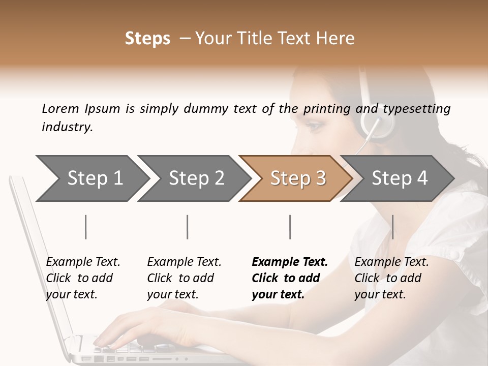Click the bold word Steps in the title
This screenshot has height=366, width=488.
pyautogui.click(x=147, y=39)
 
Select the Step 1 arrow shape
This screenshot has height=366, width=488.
pyautogui.click(x=91, y=178)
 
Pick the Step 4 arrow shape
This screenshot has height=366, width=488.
pyautogui.click(x=399, y=178)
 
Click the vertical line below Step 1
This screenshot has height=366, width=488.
pyautogui.click(x=86, y=227)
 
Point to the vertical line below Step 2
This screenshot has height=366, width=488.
pyautogui.click(x=188, y=227)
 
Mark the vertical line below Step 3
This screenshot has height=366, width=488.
pyautogui.click(x=290, y=227)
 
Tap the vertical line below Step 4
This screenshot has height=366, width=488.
pyautogui.click(x=392, y=227)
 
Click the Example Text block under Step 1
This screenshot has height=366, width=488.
pyautogui.click(x=83, y=278)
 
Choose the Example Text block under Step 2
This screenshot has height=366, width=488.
pyautogui.click(x=184, y=278)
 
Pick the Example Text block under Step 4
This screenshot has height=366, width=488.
pyautogui.click(x=391, y=278)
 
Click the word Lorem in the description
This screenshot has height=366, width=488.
pyautogui.click(x=60, y=108)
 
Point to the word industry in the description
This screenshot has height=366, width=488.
pyautogui.click(x=67, y=127)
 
